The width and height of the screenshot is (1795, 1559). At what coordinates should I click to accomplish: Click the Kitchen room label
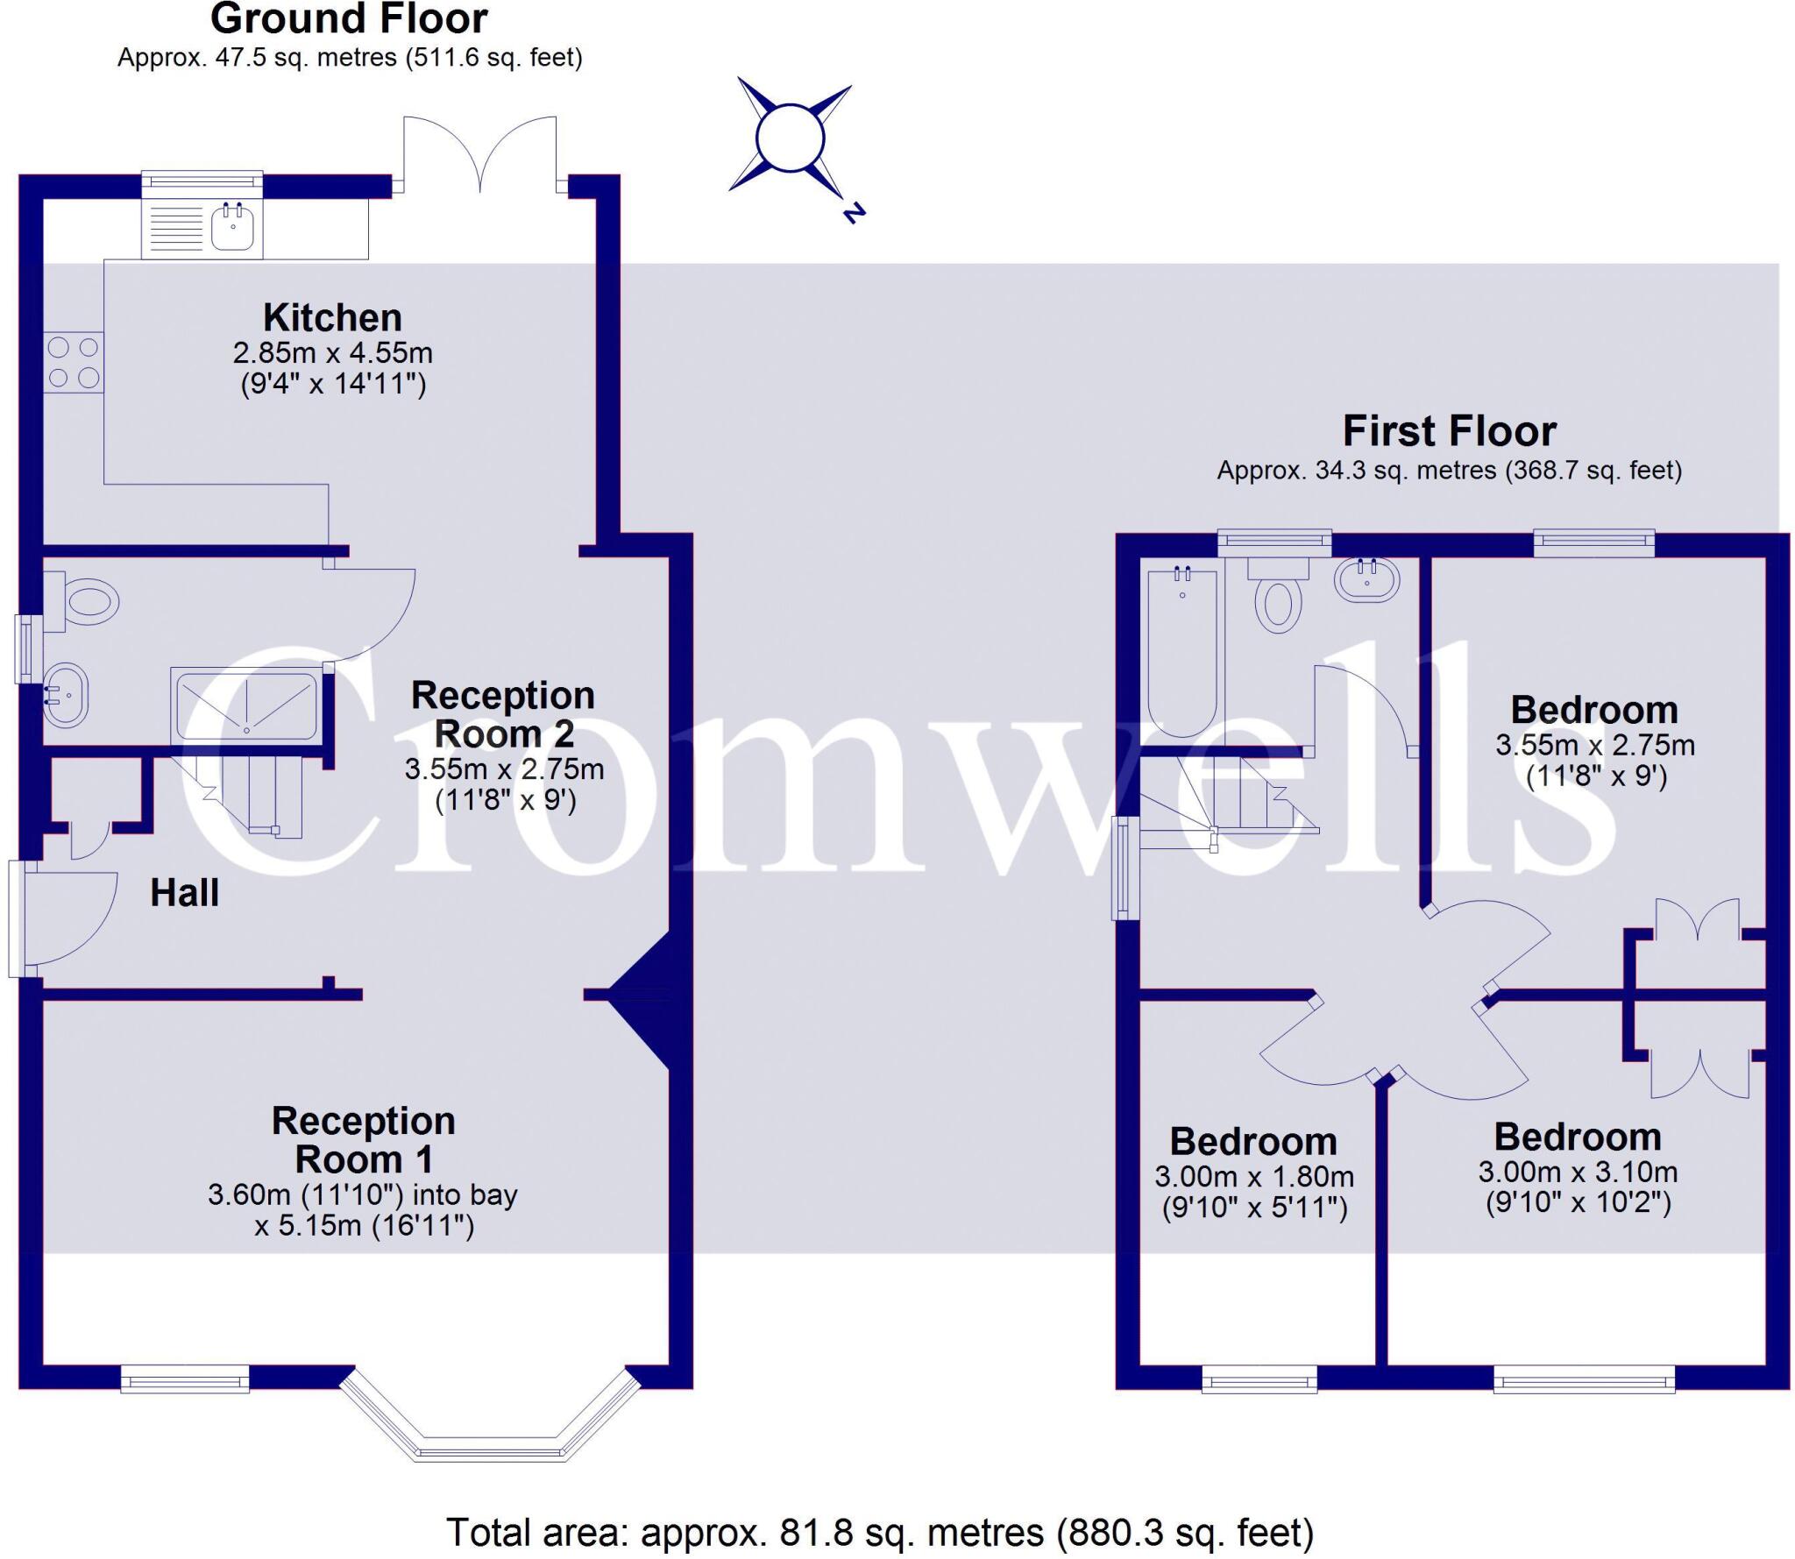332,317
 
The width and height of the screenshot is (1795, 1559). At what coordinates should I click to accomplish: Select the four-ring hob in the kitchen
74,362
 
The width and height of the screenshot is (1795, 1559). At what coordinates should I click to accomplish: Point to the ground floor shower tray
247,705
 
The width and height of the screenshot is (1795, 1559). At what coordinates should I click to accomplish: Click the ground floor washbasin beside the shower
66,694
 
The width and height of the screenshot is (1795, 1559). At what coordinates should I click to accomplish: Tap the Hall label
184,893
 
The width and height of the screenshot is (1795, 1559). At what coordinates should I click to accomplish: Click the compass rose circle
790,138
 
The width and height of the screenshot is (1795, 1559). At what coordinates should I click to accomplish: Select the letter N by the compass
854,212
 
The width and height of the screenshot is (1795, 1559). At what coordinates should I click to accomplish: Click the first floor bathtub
1182,653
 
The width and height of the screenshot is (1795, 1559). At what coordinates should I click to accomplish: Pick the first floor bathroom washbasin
1366,579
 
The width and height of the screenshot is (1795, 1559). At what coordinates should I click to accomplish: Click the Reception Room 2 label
503,713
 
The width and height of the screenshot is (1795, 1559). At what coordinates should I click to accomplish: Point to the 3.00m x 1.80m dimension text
1253,1176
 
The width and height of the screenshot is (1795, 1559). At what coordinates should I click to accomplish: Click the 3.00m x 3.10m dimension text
1578,1172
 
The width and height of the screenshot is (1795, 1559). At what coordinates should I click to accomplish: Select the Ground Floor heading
349,19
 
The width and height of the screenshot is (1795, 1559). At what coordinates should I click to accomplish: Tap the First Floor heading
1449,431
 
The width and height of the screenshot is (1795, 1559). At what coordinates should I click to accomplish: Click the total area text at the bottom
880,1533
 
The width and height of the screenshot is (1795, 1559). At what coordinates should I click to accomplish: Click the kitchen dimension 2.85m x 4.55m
332,353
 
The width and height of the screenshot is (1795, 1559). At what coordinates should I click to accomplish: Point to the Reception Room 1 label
364,1139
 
